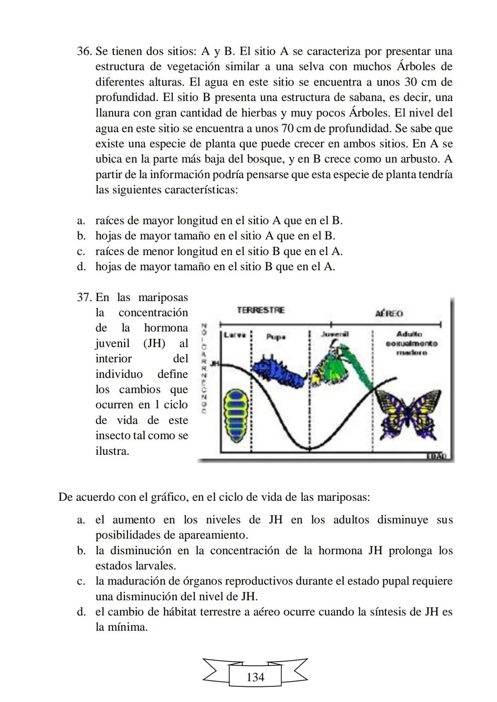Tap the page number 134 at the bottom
[x=255, y=677]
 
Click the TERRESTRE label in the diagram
[x=260, y=310]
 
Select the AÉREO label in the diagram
[x=389, y=313]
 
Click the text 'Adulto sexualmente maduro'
[x=411, y=343]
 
